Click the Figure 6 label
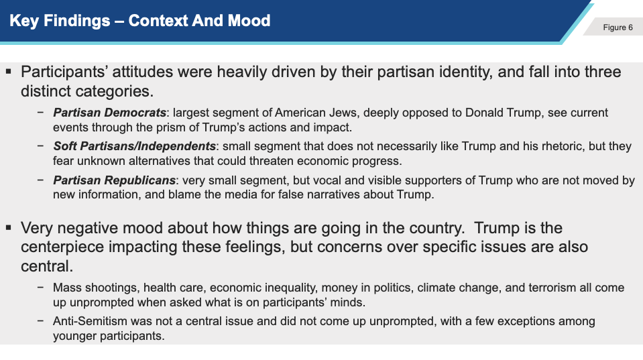(618, 27)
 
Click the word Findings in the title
(76, 21)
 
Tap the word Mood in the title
(249, 21)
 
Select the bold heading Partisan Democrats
(109, 113)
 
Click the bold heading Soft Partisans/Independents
(134, 146)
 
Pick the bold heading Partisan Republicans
(115, 180)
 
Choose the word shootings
(111, 288)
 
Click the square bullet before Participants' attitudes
(9, 72)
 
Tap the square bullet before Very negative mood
(9, 227)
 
